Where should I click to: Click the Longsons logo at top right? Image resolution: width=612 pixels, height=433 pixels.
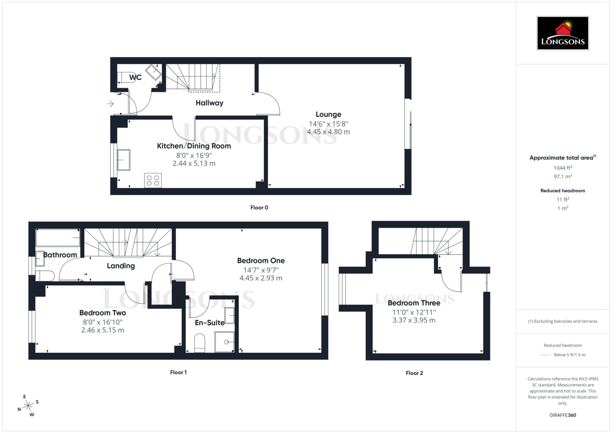click(563, 33)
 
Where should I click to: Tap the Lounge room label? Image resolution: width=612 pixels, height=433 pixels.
click(328, 114)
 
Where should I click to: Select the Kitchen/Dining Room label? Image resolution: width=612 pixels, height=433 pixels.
click(194, 146)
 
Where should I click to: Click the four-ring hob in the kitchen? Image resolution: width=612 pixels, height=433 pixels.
click(153, 180)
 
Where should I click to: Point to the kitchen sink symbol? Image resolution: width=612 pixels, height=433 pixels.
click(123, 160)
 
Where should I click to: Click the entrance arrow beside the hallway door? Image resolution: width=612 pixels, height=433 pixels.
click(110, 104)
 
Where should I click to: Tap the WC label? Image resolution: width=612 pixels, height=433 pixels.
click(135, 77)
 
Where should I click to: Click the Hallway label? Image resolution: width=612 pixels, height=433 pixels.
click(209, 103)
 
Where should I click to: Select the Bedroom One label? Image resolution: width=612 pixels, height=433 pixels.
click(261, 261)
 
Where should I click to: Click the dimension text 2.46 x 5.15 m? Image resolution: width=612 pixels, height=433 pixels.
click(102, 330)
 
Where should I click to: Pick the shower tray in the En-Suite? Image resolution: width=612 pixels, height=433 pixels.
click(224, 342)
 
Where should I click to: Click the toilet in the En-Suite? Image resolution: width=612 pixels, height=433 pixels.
click(200, 343)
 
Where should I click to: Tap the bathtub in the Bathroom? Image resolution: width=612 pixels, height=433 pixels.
click(58, 238)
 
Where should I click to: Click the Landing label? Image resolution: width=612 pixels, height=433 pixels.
click(121, 266)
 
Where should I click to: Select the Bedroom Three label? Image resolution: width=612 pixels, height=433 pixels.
click(414, 303)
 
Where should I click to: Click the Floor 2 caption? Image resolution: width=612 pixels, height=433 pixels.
click(414, 373)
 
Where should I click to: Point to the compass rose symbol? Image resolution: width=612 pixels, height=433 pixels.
click(28, 406)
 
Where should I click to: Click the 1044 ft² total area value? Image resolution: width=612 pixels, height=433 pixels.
click(563, 168)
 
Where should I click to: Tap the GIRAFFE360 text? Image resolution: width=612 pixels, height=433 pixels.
click(563, 415)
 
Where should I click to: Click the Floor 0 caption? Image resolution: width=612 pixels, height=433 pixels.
click(259, 208)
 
